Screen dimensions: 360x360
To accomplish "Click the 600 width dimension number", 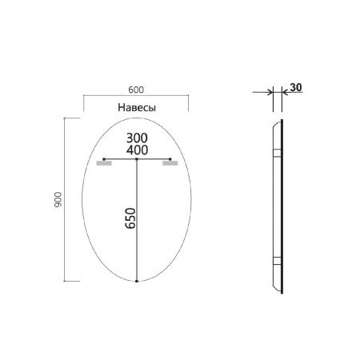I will tap(135, 90).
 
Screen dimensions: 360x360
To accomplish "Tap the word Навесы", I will tap(136, 106).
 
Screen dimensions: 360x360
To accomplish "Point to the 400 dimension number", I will tap(138, 150).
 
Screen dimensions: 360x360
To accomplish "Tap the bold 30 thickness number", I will tap(296, 88).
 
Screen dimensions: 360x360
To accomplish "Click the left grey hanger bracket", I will tap(103, 164).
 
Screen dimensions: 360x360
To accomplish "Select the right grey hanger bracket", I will tap(169, 164).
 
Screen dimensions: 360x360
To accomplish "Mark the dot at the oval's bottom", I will tap(138, 282).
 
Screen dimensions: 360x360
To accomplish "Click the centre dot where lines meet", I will tap(138, 160).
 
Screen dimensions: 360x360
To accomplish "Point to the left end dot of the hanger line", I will tap(104, 160).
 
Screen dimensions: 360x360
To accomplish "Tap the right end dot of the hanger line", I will tap(171, 160).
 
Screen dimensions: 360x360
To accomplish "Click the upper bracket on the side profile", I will tap(278, 152).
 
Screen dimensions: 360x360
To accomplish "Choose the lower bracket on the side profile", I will tap(278, 260).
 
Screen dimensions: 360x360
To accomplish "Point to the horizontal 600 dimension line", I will tap(135, 97).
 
